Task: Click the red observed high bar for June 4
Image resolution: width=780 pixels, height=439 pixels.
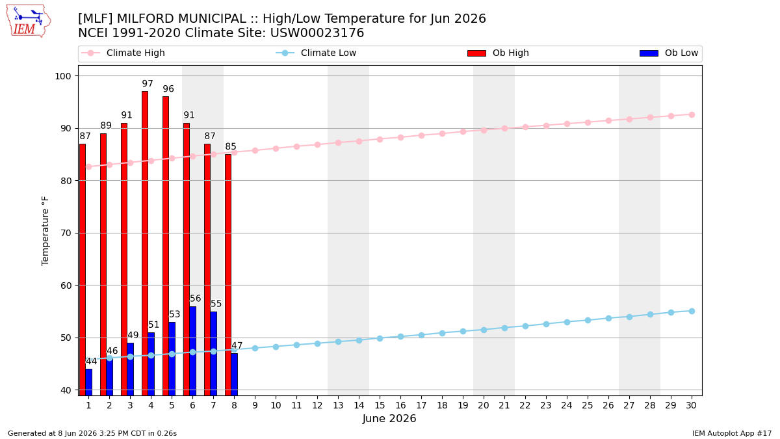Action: point(145,243)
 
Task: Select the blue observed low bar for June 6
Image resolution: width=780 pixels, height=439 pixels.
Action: point(192,351)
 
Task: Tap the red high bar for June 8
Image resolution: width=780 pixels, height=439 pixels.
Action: point(228,275)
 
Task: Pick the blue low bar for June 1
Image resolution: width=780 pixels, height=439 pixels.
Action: point(89,382)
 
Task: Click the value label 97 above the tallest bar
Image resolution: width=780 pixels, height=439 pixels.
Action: point(148,84)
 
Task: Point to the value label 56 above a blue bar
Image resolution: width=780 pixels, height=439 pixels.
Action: point(196,299)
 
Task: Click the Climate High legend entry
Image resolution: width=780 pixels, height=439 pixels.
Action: point(123,53)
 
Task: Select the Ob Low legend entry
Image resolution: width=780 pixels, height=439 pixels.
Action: point(669,53)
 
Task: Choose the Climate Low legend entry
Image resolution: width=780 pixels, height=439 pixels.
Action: point(316,53)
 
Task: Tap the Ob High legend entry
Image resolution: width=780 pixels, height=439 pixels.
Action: point(499,53)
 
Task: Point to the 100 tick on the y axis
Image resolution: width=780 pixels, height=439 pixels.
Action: point(62,76)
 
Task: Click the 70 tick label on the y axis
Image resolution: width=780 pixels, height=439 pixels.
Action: point(66,233)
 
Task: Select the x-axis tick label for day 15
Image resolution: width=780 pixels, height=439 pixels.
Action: point(380,405)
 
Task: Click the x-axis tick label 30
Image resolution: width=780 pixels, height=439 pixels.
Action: point(691,405)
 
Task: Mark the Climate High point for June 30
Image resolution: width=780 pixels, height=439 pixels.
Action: point(692,115)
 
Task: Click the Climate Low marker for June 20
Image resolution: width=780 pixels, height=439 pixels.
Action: point(484,330)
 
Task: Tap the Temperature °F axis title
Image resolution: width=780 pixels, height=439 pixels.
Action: point(45,231)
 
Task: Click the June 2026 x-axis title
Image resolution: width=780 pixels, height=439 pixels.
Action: point(389,418)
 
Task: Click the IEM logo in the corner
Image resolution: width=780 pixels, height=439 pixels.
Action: point(28,21)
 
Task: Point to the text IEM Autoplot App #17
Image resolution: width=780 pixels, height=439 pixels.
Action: point(732,433)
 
